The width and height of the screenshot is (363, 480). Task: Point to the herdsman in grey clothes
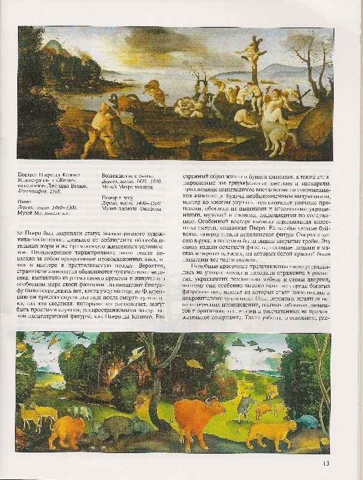coord(244,406)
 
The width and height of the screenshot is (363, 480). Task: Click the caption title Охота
coord(34,202)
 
